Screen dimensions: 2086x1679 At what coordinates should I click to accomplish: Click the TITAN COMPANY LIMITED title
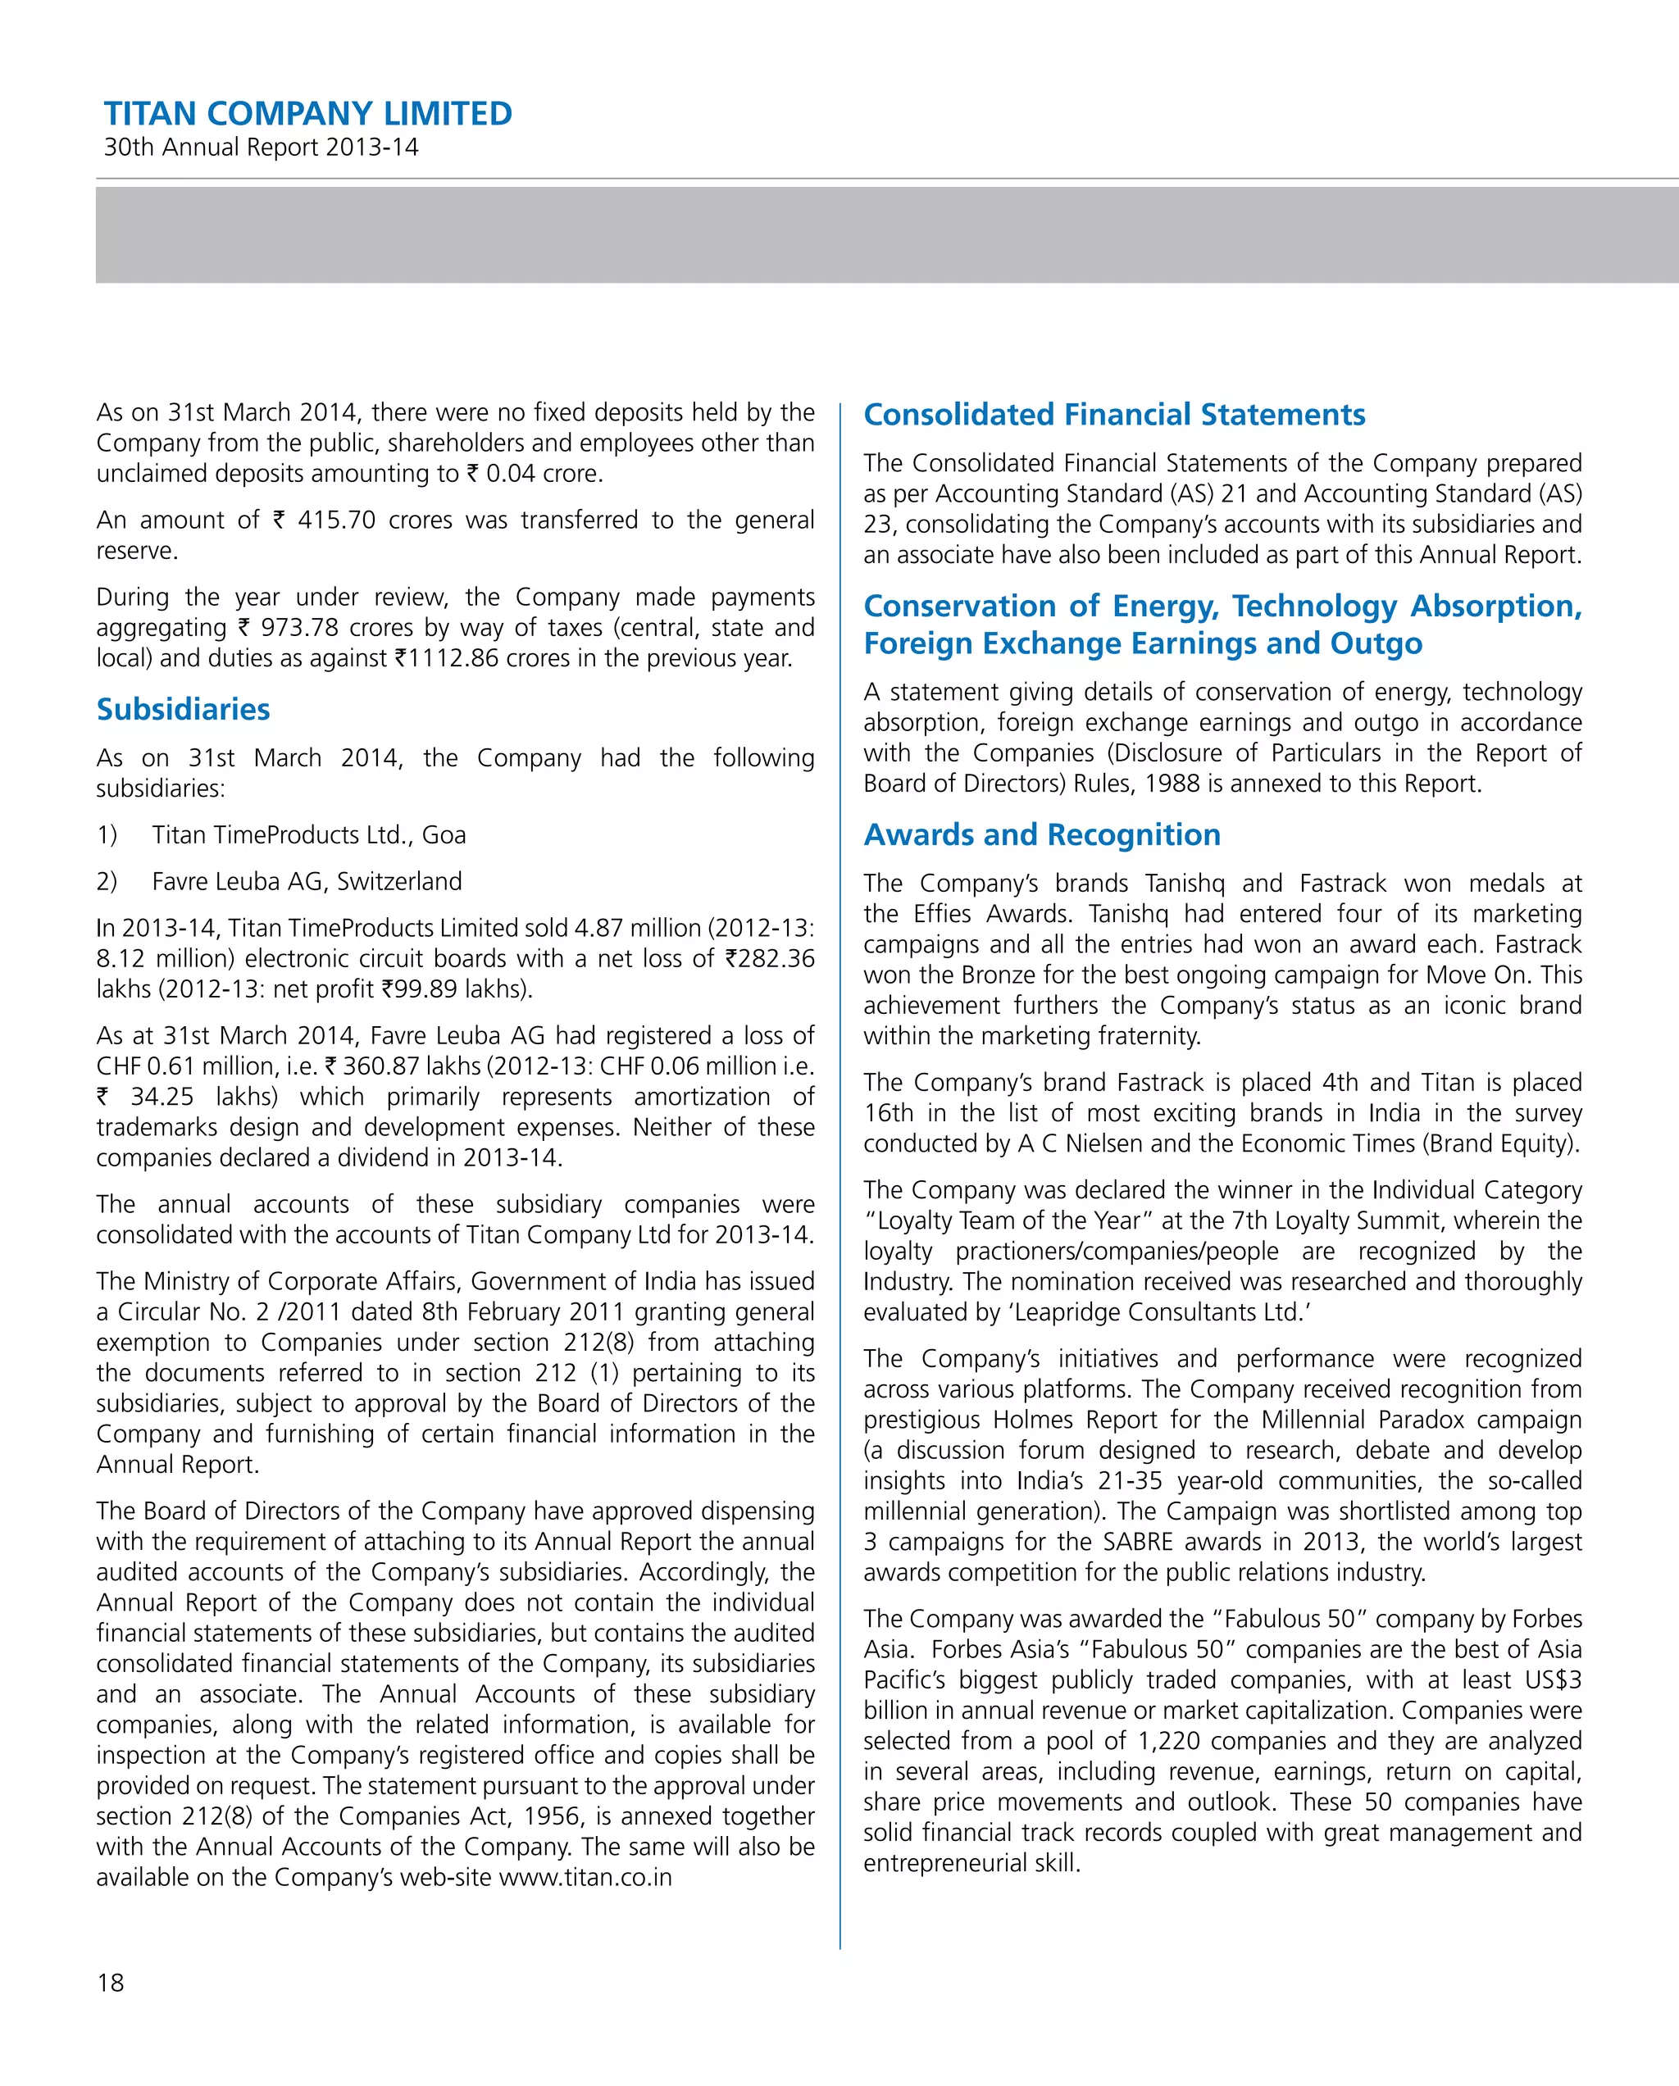click(307, 114)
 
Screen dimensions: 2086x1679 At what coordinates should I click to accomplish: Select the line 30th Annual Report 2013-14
click(262, 148)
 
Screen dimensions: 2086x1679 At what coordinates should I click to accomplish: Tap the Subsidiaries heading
click(183, 709)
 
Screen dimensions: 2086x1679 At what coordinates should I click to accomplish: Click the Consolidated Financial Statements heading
click(1114, 414)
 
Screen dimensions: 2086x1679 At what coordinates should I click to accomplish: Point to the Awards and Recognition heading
click(1041, 834)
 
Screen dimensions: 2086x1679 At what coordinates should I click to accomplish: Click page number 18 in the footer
click(111, 1983)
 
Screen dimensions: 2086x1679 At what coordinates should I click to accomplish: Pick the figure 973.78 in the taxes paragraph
click(299, 628)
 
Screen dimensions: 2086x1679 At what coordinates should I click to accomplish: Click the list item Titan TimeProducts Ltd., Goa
click(309, 835)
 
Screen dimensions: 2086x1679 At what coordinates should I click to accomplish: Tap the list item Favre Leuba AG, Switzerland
click(307, 881)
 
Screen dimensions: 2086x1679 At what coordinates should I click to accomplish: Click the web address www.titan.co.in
click(585, 1877)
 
